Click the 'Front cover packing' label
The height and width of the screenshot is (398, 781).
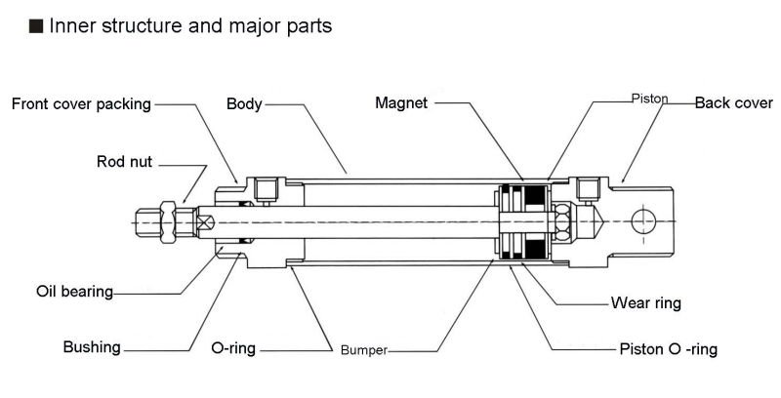point(81,103)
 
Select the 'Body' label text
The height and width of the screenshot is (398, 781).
point(243,103)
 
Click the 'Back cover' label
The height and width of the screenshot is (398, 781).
point(732,103)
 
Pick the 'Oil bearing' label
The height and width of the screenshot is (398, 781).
point(74,291)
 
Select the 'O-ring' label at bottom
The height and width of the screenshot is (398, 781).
point(233,346)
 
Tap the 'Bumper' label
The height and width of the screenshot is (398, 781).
point(363,348)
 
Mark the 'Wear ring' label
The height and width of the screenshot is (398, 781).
point(645,303)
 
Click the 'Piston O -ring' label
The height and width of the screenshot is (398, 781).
point(669,348)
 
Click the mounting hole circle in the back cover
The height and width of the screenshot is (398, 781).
point(645,221)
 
